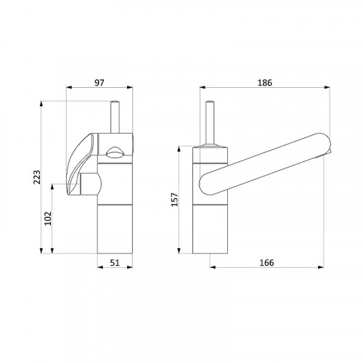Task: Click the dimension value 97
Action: pos(99,83)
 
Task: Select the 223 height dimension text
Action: pos(37,177)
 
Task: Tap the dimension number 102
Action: pos(48,219)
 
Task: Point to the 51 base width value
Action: pos(115,262)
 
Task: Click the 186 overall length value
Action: pos(264,83)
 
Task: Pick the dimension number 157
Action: pos(175,200)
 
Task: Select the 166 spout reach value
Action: pos(266,263)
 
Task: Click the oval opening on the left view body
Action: pos(115,153)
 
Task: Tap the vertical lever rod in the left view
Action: pos(115,117)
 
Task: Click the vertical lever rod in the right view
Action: pos(210,122)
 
